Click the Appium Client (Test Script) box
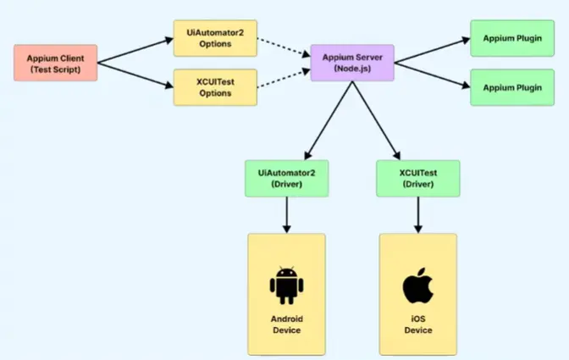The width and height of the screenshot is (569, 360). tap(56, 64)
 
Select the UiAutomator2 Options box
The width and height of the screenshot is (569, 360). tap(215, 38)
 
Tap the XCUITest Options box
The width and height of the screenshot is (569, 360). tap(215, 87)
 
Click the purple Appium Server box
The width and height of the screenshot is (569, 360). tap(352, 63)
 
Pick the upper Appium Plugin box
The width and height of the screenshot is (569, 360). tap(512, 38)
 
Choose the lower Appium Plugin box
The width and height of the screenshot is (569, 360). tap(512, 87)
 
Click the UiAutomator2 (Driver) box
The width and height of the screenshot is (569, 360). tap(287, 179)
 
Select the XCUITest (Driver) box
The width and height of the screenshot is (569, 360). tap(418, 179)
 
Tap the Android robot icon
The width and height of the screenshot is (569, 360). tap(287, 285)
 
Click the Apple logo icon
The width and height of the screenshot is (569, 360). tap(418, 285)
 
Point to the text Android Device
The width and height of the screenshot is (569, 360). tap(287, 324)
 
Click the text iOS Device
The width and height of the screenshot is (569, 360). tap(418, 324)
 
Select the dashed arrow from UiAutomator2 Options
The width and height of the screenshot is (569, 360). tap(284, 47)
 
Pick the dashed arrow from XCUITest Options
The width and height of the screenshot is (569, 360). tap(284, 79)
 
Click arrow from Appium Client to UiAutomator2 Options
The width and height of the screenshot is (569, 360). tap(135, 51)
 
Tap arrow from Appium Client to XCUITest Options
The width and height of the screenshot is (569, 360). tap(135, 75)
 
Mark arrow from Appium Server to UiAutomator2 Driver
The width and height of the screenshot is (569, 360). tap(329, 120)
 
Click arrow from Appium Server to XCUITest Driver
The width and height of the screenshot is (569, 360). tap(376, 120)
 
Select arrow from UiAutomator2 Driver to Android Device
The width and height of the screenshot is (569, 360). tap(287, 215)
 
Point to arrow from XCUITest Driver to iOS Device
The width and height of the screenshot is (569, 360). tap(418, 215)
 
